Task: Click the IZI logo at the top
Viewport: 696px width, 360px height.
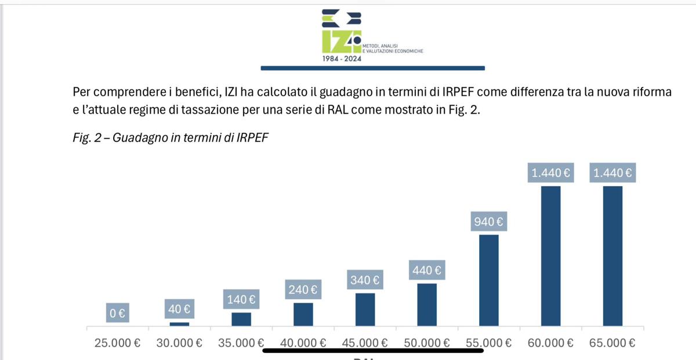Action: coord(342,34)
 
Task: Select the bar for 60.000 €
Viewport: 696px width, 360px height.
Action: coord(550,255)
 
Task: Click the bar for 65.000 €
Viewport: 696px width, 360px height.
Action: coord(612,255)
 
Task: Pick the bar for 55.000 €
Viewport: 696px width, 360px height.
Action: coord(489,280)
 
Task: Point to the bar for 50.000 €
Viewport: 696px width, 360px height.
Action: coord(427,304)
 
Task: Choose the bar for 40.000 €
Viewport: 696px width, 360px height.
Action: coord(303,314)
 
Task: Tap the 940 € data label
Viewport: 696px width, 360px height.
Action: coord(488,221)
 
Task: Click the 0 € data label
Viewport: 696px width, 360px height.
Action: coord(117,314)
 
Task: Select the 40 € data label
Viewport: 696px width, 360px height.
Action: coord(179,310)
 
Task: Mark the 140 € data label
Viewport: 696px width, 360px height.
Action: coord(241,300)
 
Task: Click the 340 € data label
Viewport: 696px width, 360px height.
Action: coord(365,281)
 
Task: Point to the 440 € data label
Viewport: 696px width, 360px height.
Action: coord(426,270)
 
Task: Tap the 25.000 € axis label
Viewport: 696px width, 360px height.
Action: coord(117,343)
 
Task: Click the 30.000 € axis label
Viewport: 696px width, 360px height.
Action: coord(179,343)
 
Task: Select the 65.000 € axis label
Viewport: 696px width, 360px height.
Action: coord(612,343)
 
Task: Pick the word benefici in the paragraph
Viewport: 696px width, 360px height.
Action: coord(177,92)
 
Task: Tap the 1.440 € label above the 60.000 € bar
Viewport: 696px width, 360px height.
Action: coord(550,173)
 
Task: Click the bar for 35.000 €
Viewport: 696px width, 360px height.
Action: coord(241,319)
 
